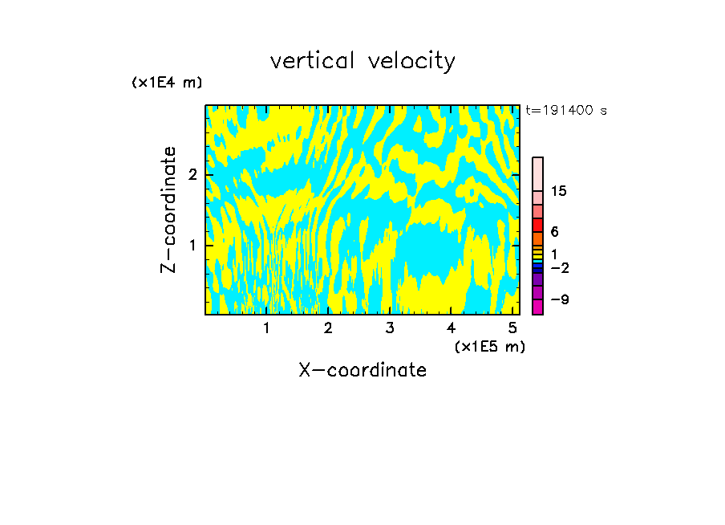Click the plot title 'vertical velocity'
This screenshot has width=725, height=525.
pos(362,61)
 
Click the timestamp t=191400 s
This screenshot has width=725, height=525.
pos(566,110)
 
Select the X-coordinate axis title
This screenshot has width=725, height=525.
pos(362,370)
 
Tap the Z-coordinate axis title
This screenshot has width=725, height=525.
pos(168,210)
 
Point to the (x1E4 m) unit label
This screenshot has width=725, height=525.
pos(167,83)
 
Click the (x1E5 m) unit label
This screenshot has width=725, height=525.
pos(489,346)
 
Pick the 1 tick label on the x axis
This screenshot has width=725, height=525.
pos(267,328)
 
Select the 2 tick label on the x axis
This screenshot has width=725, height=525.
pos(328,328)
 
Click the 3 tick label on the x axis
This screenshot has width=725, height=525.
pos(389,328)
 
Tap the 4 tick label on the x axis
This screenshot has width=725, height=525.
pos(451,328)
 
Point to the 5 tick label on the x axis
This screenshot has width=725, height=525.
pos(512,328)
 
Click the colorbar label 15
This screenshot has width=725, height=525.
pos(559,191)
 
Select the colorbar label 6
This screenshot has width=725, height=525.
pos(554,232)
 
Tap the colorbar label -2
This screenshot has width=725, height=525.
pos(559,267)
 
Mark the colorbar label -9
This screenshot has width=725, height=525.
pos(559,299)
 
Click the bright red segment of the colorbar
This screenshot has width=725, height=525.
pos(537,225)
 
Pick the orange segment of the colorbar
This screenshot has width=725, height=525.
pos(537,238)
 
